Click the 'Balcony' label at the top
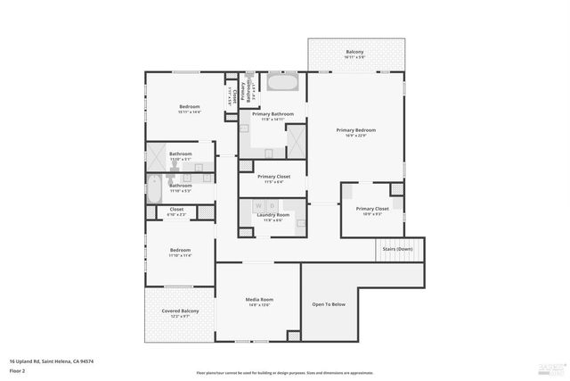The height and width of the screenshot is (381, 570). (354, 52)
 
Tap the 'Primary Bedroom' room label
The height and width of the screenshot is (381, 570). (356, 130)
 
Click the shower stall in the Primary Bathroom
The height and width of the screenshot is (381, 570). (295, 139)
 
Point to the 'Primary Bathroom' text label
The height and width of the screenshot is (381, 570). (273, 114)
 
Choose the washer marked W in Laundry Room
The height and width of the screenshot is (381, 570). (259, 206)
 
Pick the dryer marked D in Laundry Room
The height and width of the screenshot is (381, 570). (272, 206)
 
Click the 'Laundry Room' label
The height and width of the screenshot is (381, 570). (273, 215)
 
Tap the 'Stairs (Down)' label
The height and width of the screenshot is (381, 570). (397, 249)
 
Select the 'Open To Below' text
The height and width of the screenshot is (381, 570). (329, 304)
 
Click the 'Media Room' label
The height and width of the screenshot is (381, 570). (259, 299)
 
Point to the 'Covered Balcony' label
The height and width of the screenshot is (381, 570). (180, 311)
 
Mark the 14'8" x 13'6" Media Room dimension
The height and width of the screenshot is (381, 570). (259, 305)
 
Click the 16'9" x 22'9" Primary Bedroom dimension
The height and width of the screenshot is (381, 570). (356, 137)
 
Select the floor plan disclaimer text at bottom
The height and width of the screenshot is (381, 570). (285, 373)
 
